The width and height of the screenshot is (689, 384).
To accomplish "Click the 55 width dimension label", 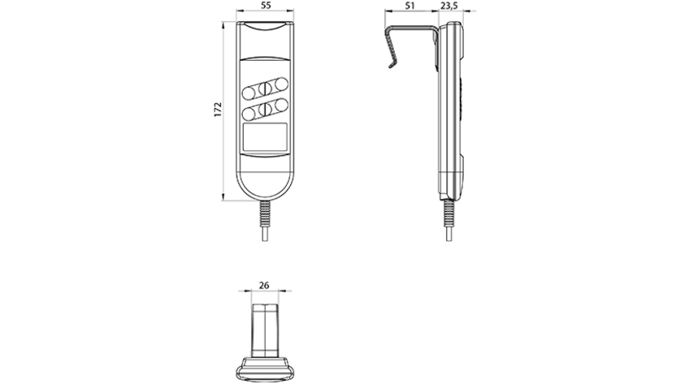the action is point(266,6).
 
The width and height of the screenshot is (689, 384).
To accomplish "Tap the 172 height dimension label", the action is point(218,110).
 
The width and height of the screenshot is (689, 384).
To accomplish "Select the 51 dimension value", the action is point(409,6).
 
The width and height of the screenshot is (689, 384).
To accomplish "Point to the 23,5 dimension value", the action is point(448,6).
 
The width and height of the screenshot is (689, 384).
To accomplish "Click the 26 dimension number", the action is point(263,285).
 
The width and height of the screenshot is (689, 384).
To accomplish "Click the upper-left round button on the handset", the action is point(249,93).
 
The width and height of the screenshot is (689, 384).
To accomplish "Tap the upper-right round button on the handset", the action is point(281,84).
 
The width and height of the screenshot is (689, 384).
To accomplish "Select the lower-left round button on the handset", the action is point(249,114).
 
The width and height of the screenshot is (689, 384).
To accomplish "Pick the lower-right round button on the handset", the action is point(281,105).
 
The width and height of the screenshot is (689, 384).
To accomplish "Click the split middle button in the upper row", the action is point(265,88).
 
